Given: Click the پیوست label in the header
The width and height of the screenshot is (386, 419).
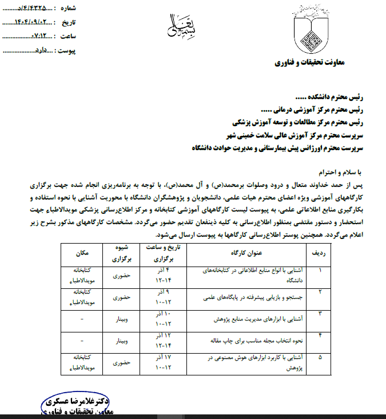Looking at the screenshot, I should (80, 51).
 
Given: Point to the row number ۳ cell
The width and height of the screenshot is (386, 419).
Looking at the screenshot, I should (320, 313).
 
